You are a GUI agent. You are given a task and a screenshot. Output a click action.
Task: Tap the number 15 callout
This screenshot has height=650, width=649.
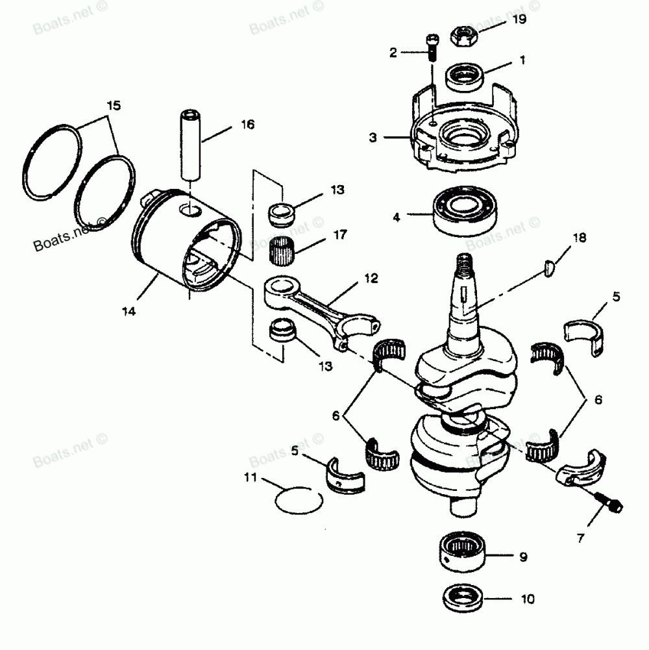[114, 105]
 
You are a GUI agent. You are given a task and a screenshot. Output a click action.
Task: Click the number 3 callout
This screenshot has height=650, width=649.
[373, 138]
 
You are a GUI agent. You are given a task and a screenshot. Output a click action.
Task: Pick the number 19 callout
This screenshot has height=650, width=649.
[519, 19]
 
